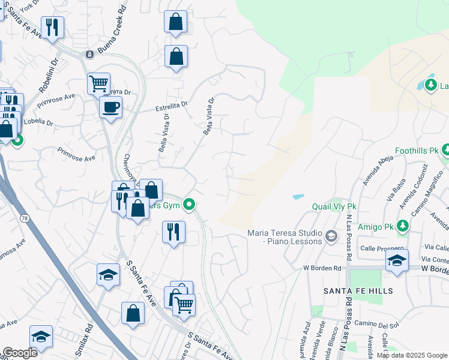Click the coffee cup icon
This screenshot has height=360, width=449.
110,108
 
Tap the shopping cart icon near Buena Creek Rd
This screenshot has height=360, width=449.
98,83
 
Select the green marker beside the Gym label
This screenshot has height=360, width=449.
189,205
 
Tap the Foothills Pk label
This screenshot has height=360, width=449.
417,150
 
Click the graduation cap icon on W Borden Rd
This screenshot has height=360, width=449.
397,261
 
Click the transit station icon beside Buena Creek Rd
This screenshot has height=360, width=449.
89,54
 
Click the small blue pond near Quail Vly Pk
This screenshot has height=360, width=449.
298,197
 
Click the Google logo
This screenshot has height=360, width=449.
20,353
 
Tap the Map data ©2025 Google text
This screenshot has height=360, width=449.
411,355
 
